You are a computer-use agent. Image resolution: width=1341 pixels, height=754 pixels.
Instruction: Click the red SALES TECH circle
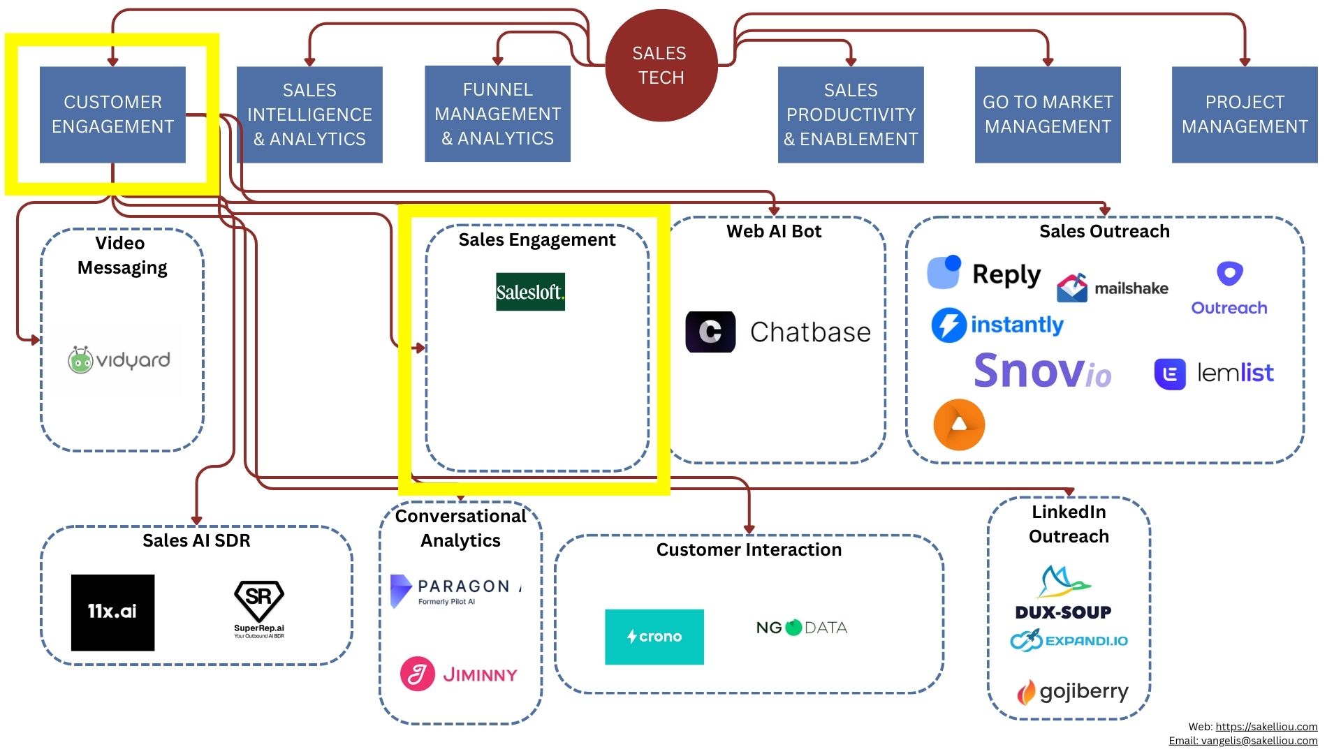tap(661, 66)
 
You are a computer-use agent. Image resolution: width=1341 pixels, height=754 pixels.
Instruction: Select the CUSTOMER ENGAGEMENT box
tap(112, 114)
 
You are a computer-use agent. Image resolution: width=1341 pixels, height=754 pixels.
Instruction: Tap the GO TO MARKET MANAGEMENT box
tap(1048, 114)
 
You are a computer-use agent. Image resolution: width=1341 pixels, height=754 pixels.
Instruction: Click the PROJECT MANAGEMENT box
tap(1244, 114)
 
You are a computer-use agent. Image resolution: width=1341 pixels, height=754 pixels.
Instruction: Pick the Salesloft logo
tap(530, 292)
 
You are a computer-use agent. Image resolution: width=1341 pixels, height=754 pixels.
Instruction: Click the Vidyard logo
tap(119, 360)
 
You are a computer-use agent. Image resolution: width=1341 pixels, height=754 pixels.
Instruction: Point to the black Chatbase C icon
tap(710, 332)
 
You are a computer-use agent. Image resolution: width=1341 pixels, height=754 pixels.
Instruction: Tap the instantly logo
tap(997, 325)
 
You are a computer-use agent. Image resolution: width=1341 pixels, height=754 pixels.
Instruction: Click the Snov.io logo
tap(1042, 371)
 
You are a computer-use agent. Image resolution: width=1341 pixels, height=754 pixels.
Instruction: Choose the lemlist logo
tap(1214, 374)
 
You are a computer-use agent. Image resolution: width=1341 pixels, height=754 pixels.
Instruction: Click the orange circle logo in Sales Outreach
tap(959, 424)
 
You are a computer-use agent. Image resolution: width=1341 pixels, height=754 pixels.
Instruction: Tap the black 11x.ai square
tap(112, 612)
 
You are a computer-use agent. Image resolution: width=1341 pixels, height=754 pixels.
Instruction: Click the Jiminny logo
tap(459, 674)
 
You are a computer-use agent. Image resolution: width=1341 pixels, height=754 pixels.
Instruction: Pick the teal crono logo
tap(654, 637)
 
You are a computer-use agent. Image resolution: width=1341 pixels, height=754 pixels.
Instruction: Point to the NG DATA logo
tap(802, 628)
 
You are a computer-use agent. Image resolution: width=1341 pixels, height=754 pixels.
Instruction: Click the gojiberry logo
tap(1072, 692)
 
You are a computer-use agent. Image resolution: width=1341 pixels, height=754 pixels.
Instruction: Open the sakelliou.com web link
tap(1266, 727)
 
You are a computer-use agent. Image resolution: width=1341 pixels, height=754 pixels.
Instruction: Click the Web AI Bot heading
tap(774, 232)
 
